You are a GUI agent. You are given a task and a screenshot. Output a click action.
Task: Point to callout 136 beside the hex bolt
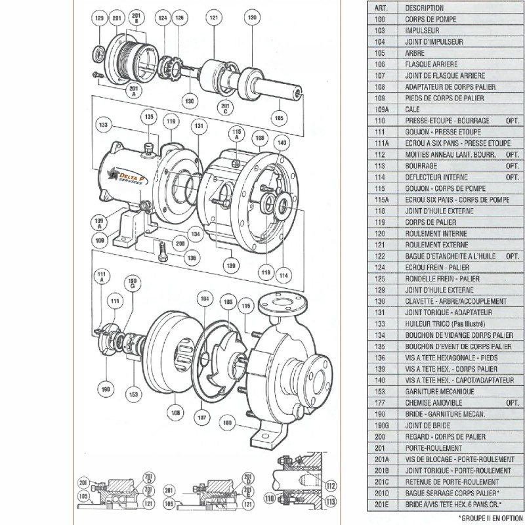[191, 258]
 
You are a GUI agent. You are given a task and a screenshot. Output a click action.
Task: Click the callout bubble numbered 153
[134, 394]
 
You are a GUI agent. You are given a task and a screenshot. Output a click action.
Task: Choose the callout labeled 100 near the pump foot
[228, 423]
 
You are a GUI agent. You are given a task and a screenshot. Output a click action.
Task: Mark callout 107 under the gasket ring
[202, 417]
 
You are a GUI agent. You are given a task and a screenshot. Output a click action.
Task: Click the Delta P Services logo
[126, 176]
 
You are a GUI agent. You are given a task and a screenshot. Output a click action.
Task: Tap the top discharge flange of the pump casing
[282, 303]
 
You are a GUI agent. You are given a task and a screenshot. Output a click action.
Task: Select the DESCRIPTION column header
[424, 8]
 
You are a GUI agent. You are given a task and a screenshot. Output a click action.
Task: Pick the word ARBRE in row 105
[415, 53]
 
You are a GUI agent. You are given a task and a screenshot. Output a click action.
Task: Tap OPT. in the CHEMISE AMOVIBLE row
[513, 402]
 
